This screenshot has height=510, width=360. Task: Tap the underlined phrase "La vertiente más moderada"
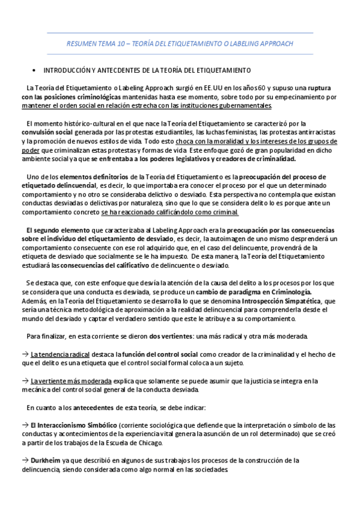coord(71,381)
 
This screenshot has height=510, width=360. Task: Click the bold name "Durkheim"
coord(44,460)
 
